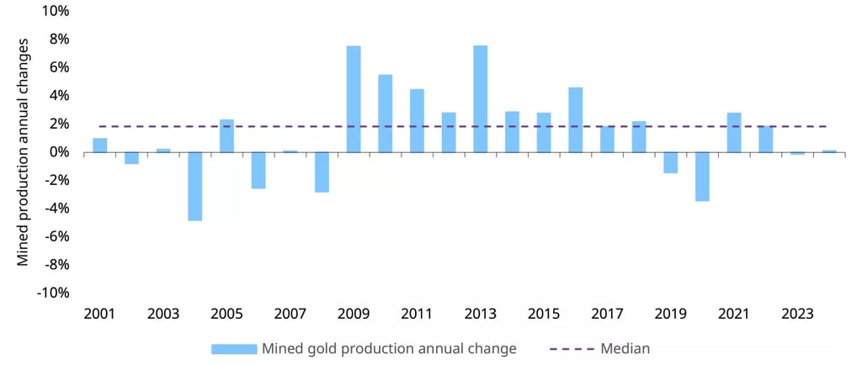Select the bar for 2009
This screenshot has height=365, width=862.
coord(354,99)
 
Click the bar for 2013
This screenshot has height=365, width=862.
coord(480,99)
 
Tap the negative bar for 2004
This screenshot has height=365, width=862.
coord(194,186)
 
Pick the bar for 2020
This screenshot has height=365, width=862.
coord(702,177)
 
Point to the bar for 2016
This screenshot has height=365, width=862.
coord(575,120)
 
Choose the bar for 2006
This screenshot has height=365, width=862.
coord(258,170)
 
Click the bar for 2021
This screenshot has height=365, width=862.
coord(734,132)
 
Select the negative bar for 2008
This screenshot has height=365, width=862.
coord(322,172)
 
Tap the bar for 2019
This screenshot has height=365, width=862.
coord(670,162)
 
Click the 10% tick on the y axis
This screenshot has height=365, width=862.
coord(55,11)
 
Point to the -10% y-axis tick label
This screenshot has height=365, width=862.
coord(53,293)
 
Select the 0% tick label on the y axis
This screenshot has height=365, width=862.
coord(59,152)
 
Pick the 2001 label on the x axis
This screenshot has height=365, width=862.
coord(99,314)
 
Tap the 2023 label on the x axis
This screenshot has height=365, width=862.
coord(797,314)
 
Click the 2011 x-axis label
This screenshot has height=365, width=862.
coord(417,314)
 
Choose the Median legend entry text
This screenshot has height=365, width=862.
coord(625,347)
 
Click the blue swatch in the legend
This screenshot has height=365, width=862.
coord(233,347)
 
